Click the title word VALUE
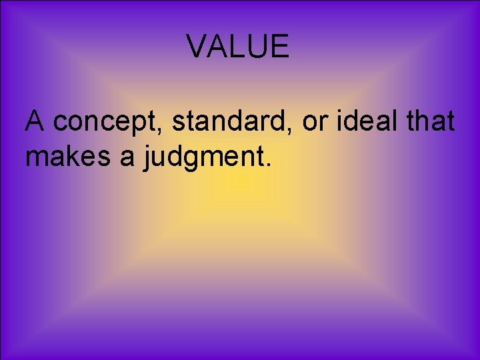[x=237, y=47]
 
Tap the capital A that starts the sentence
[x=35, y=121]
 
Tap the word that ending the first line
[x=431, y=121]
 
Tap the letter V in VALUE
[x=197, y=47]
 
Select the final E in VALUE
[x=280, y=47]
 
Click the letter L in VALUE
[x=237, y=47]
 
